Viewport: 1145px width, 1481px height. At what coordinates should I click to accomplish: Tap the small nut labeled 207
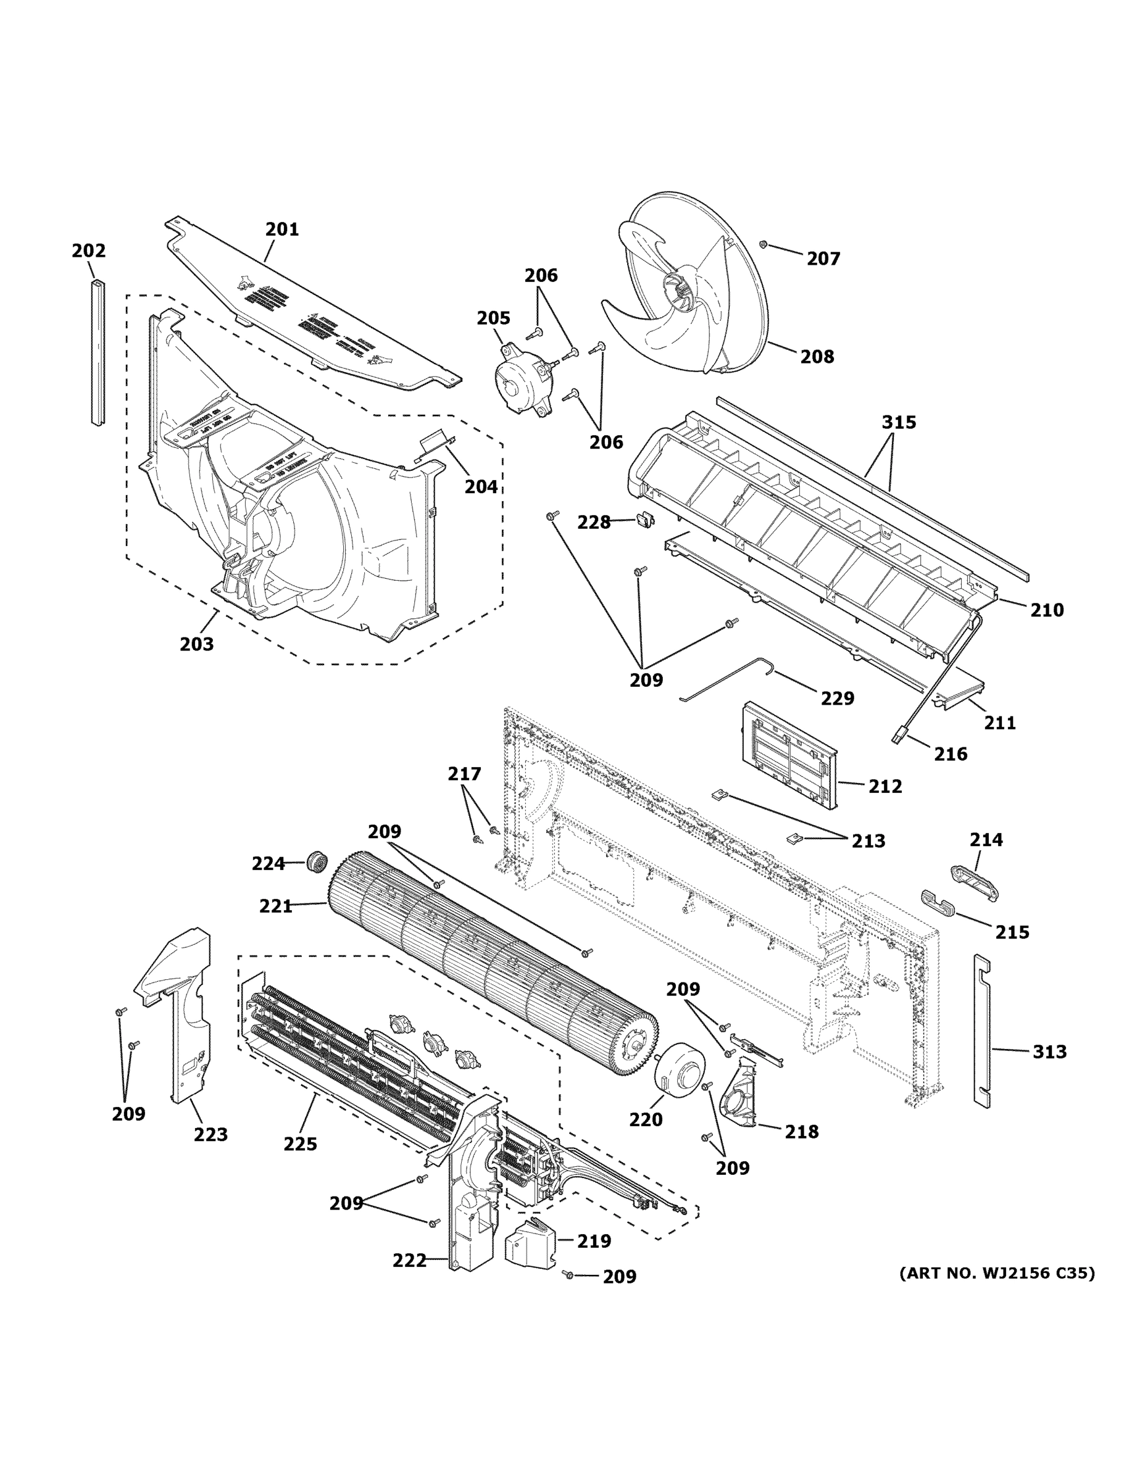(763, 244)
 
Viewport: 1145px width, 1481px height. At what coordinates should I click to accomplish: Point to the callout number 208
(817, 357)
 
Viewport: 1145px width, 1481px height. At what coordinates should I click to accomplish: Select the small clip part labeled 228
(646, 520)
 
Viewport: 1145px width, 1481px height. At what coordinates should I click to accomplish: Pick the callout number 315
(899, 423)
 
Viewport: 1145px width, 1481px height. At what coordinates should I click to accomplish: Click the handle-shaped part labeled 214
(973, 882)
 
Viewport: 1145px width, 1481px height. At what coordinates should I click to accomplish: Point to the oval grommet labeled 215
(938, 903)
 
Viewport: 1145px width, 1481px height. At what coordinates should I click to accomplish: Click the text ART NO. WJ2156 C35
(996, 1274)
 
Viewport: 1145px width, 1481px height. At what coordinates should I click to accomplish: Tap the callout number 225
(300, 1145)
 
